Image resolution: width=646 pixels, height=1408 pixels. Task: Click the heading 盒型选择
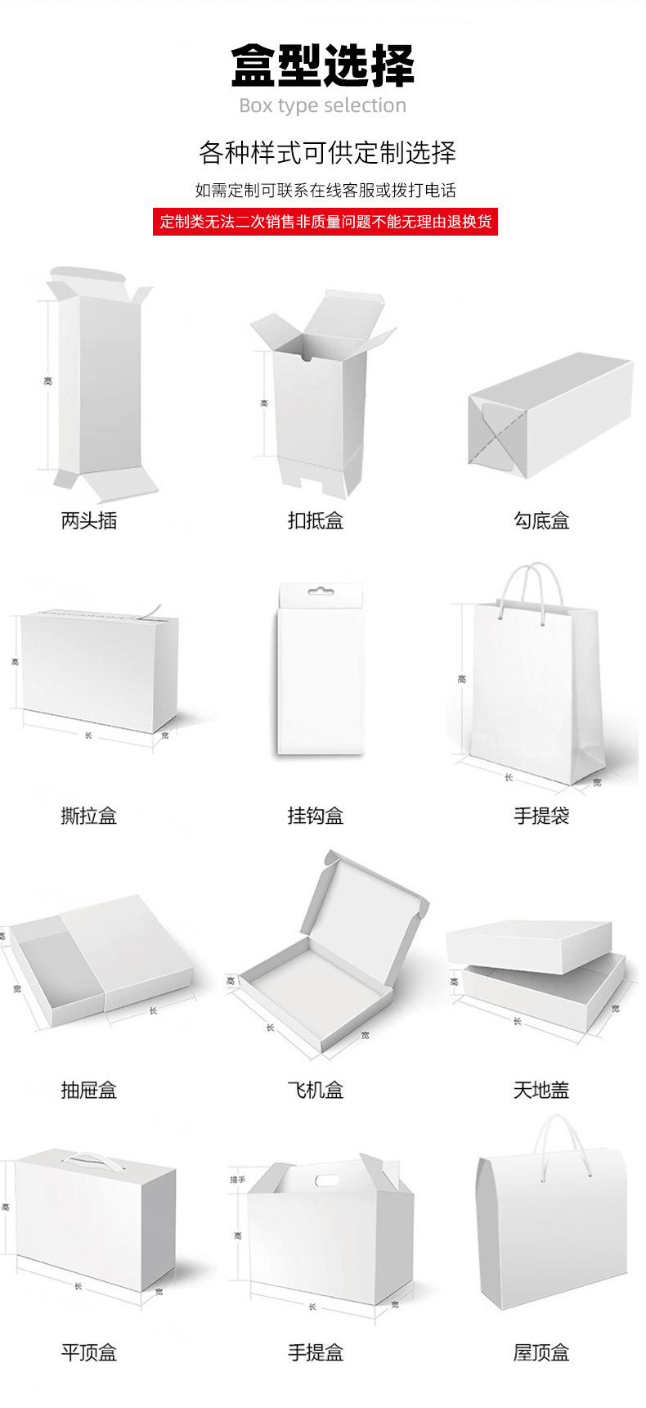coord(323,66)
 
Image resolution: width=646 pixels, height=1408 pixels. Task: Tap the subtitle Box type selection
coord(323,106)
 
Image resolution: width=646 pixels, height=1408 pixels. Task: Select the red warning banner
coord(325,222)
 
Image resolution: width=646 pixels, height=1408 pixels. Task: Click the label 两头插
coord(89,520)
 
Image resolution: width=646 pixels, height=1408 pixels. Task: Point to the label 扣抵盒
coord(316,520)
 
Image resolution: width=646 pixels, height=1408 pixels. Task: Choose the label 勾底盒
coord(541,520)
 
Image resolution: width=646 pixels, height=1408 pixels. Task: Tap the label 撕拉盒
coord(89,816)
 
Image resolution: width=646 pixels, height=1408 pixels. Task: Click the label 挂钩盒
coord(316,816)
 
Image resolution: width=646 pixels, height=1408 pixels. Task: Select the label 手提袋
coord(541,816)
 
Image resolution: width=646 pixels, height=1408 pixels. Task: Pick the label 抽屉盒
coord(89,1090)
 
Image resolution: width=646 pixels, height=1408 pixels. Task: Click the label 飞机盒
coord(316,1090)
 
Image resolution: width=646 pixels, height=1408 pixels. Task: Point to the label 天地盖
coord(541,1090)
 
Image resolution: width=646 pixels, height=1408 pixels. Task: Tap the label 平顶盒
coord(89,1352)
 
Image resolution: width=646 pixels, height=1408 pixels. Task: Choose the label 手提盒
coord(316,1352)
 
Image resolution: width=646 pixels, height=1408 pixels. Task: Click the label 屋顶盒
coord(541,1352)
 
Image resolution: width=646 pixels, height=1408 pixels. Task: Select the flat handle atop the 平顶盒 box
coord(89,1158)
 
